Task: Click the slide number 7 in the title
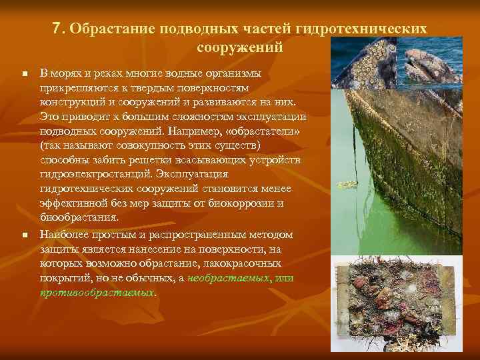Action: [x=56, y=29]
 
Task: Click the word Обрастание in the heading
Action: [x=106, y=30]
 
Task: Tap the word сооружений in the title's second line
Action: [x=240, y=48]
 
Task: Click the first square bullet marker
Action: [x=24, y=73]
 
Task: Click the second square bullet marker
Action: [x=24, y=235]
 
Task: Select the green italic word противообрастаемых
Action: [x=97, y=292]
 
